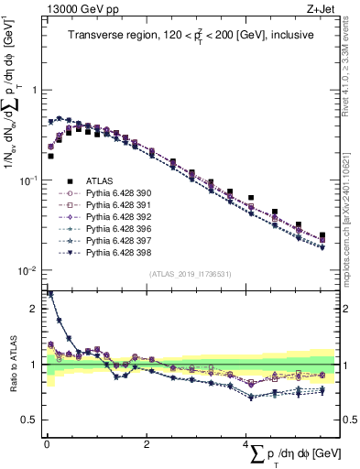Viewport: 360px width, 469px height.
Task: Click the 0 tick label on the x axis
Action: pyautogui.click(x=46, y=444)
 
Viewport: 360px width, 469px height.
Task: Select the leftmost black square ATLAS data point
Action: pyautogui.click(x=50, y=156)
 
